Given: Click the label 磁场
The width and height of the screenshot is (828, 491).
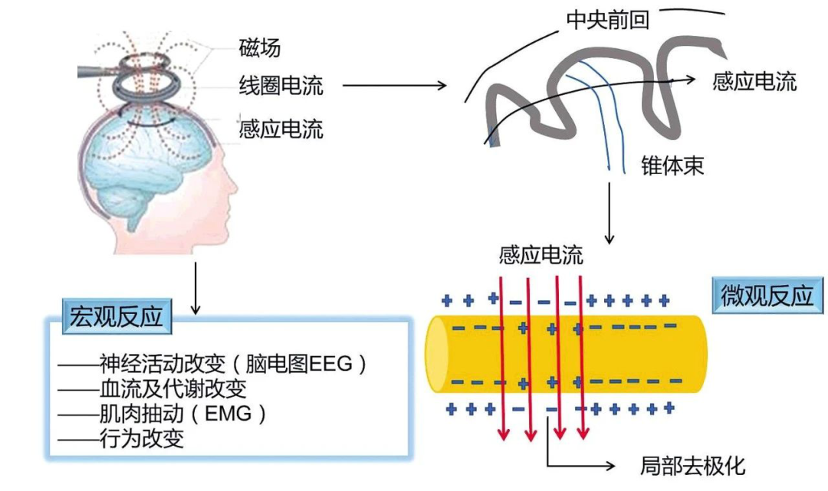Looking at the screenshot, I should pos(259,47).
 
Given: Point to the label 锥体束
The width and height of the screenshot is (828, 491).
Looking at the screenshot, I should pos(672,165).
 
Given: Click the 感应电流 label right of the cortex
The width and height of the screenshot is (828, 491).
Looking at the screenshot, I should pos(754,81).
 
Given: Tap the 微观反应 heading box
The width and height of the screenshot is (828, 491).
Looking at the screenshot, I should pos(767,294).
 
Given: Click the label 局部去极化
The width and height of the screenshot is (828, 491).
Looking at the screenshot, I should pos(692,465).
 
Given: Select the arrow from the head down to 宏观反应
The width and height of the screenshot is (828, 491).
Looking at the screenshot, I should pos(196,288).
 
